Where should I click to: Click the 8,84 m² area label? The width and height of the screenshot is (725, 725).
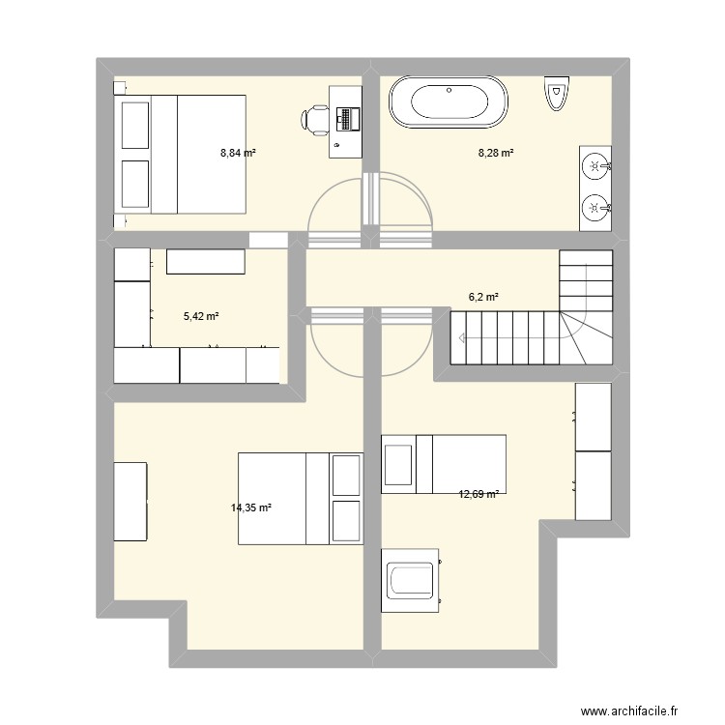click(x=238, y=153)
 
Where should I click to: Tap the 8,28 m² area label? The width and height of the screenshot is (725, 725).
click(x=496, y=153)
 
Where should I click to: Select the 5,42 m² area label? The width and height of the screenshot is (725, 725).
click(x=201, y=316)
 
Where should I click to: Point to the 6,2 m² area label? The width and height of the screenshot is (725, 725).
click(x=483, y=297)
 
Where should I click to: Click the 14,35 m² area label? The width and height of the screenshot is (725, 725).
click(x=251, y=507)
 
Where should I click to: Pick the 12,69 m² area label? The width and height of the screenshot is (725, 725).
click(x=478, y=494)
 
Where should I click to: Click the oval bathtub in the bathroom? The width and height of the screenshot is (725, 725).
click(x=449, y=101)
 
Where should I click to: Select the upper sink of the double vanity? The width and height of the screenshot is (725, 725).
click(x=596, y=165)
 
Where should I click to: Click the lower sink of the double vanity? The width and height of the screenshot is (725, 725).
click(x=596, y=208)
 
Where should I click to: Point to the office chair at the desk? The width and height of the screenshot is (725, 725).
click(x=313, y=120)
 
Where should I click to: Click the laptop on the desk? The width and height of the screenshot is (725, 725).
click(x=348, y=119)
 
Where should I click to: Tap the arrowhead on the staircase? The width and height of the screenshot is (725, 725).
click(x=461, y=338)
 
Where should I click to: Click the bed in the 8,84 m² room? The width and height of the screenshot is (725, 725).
click(x=180, y=155)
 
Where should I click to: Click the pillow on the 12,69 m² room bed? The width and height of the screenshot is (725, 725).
click(x=398, y=465)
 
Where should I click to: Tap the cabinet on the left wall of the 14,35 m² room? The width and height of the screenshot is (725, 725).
click(x=130, y=501)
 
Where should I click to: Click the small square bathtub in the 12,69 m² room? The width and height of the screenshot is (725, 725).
click(x=410, y=580)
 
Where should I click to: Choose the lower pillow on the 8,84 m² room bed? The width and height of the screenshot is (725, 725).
click(x=135, y=184)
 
